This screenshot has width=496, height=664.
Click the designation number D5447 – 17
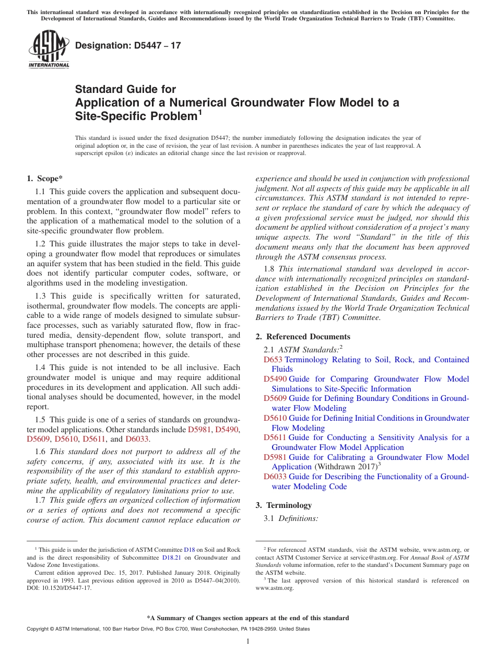tap(128, 46)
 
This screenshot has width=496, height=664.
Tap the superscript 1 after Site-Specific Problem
tap(199, 112)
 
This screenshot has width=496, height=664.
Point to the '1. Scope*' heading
tap(45, 178)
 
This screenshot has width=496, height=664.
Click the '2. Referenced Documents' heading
tap(303, 337)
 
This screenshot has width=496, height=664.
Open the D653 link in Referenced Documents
tap(273, 360)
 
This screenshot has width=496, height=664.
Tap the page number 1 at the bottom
tap(248, 641)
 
